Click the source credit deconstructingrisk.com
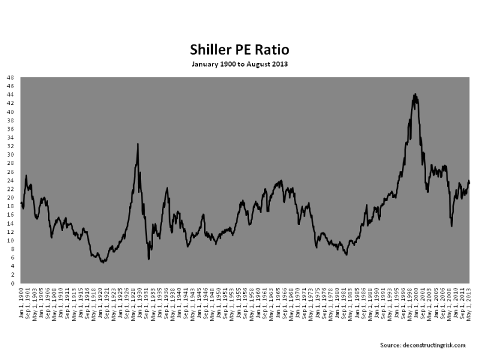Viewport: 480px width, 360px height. click(423, 345)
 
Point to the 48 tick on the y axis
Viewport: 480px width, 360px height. click(10, 78)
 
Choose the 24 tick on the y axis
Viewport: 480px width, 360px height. click(10, 181)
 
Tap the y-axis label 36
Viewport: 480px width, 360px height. click(10, 130)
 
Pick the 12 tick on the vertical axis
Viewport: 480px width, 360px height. click(10, 232)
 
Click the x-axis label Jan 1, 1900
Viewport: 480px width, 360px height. click(22, 300)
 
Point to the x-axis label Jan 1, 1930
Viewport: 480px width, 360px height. click(140, 300)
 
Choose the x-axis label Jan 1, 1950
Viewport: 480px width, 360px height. click(218, 300)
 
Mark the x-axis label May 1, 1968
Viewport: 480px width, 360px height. click(291, 300)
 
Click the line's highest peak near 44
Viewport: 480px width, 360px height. click(415, 94)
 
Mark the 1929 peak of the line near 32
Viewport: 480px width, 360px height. click(138, 144)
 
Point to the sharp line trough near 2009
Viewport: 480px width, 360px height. click(451, 226)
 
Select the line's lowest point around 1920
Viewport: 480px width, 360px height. click(103, 262)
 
